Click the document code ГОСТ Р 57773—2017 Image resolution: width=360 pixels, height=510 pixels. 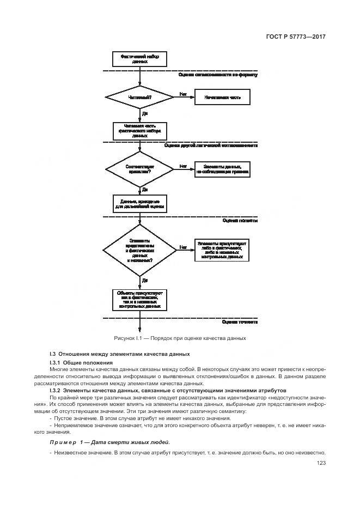(295, 37)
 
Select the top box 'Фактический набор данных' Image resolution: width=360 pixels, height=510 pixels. (140, 59)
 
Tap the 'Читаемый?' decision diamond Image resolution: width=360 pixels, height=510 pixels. (140, 98)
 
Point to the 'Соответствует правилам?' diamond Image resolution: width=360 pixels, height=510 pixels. (140, 169)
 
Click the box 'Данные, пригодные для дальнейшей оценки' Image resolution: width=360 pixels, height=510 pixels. (140, 204)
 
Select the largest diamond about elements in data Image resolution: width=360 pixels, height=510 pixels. (140, 250)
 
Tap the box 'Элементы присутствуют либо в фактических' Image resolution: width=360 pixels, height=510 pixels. (222, 249)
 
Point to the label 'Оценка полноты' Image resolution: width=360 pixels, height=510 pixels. (240, 221)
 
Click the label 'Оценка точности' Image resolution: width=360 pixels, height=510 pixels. (240, 322)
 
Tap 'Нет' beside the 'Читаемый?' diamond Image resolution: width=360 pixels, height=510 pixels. (183, 94)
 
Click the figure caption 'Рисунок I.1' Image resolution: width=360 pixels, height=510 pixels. (180, 338)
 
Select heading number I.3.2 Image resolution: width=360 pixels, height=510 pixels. (54, 391)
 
